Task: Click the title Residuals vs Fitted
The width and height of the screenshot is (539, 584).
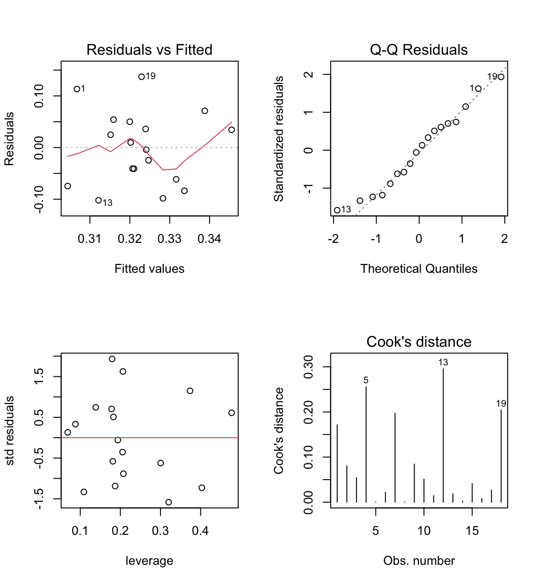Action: pos(149,50)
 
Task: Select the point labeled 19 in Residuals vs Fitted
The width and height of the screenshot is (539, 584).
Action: pos(142,77)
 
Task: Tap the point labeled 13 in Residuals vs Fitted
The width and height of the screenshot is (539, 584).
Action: pos(98,200)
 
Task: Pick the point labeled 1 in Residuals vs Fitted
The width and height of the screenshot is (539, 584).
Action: pos(77,89)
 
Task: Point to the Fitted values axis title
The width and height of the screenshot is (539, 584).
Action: pos(149,269)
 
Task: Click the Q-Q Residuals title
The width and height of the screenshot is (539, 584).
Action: pos(419,50)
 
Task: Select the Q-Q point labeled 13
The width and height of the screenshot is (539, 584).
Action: pos(337,210)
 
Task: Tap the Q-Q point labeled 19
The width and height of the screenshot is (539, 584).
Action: pos(501,77)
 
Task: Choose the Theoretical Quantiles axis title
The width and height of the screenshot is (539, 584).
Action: pos(419,269)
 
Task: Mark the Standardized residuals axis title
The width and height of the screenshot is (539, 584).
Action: pos(279,139)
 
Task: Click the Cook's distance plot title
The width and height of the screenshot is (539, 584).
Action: pos(419,342)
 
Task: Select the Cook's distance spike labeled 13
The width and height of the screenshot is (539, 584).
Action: pos(443,435)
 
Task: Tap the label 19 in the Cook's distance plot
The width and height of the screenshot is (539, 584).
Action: pos(501,403)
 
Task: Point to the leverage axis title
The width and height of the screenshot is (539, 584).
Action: pos(149,561)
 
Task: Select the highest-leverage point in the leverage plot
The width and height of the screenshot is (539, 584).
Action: pos(232,413)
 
